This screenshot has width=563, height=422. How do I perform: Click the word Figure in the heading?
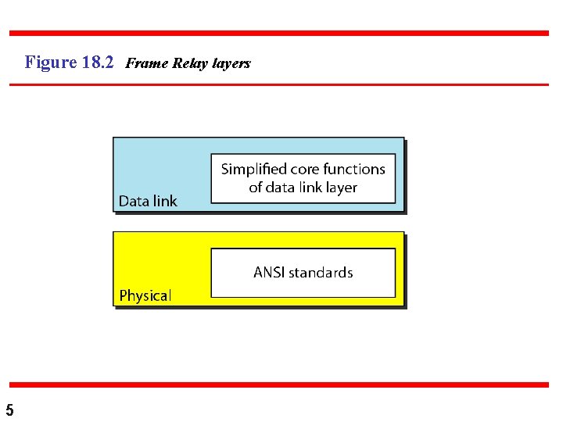click(50, 63)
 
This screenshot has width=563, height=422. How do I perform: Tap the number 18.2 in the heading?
click(98, 63)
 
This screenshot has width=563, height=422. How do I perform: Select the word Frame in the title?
click(142, 63)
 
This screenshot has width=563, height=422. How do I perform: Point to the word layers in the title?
click(228, 63)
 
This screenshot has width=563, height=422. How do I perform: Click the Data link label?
click(148, 201)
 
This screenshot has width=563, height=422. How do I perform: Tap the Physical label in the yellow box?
click(145, 295)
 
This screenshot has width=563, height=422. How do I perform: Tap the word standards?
click(321, 273)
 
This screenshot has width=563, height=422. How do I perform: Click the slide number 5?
click(9, 409)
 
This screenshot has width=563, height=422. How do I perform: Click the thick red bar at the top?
click(279, 33)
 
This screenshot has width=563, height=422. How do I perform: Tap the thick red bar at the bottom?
click(279, 384)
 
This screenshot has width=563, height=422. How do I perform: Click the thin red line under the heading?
click(279, 84)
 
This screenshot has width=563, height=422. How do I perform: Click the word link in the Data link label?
click(164, 201)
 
